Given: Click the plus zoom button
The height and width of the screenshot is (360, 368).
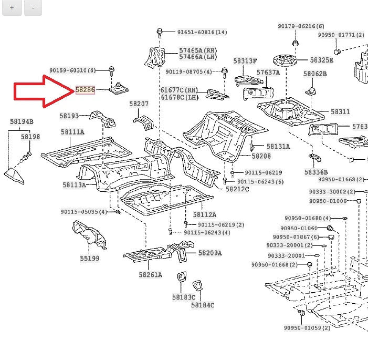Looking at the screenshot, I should [x=12, y=8].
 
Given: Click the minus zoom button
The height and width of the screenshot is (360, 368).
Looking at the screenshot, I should [x=33, y=8].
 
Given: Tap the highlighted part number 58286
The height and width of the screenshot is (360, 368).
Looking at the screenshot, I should [x=85, y=90].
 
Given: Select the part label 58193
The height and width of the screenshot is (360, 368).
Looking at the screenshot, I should [x=69, y=116].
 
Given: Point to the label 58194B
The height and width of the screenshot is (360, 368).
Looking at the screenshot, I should [x=22, y=122].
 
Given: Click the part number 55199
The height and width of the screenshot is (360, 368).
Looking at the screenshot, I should [x=89, y=258].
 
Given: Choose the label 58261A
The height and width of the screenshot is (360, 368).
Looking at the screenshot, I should [x=151, y=274].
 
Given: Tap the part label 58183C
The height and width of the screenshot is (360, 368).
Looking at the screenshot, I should [x=184, y=297].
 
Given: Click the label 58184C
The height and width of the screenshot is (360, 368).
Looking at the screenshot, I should [x=203, y=305].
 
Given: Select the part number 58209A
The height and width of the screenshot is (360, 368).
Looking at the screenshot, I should [x=210, y=253].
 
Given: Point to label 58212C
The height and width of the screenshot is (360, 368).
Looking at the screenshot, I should [x=237, y=189].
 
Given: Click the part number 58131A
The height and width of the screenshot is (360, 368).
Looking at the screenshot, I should [x=278, y=147].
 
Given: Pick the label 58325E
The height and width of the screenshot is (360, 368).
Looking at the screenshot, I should [x=321, y=60].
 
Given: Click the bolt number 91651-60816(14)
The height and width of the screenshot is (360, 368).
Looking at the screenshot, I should [x=202, y=32].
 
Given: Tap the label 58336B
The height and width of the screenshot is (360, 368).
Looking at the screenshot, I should [x=316, y=172].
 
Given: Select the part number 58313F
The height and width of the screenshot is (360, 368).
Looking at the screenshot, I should [x=245, y=61].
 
